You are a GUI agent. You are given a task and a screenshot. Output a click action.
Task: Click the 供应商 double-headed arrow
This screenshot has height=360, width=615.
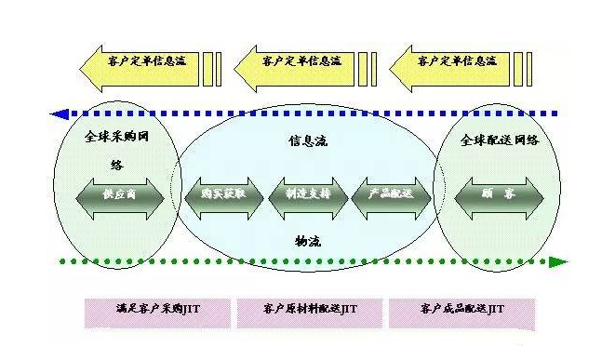120,196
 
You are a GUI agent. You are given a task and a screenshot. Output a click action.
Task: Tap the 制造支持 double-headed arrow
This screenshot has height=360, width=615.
308,195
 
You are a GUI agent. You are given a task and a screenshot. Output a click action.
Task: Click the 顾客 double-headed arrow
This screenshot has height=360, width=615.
498,195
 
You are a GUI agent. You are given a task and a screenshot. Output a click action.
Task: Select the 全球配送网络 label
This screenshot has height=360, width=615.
499,140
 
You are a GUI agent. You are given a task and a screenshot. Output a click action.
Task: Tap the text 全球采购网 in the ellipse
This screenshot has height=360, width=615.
116,136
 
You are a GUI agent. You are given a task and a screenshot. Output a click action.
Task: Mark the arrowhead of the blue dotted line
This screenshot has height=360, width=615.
58,114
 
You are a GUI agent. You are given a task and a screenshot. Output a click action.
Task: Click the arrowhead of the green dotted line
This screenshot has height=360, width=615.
558,261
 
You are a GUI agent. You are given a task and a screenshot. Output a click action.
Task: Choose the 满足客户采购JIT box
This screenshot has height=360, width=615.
157,309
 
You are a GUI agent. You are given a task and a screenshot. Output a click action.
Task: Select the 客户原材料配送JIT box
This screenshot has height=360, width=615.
309,309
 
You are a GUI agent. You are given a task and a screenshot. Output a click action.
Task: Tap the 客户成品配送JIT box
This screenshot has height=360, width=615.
461,309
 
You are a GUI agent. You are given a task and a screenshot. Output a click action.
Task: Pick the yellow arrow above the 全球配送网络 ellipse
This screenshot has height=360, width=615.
451,63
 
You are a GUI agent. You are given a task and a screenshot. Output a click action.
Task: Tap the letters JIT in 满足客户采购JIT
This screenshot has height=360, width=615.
194,308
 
